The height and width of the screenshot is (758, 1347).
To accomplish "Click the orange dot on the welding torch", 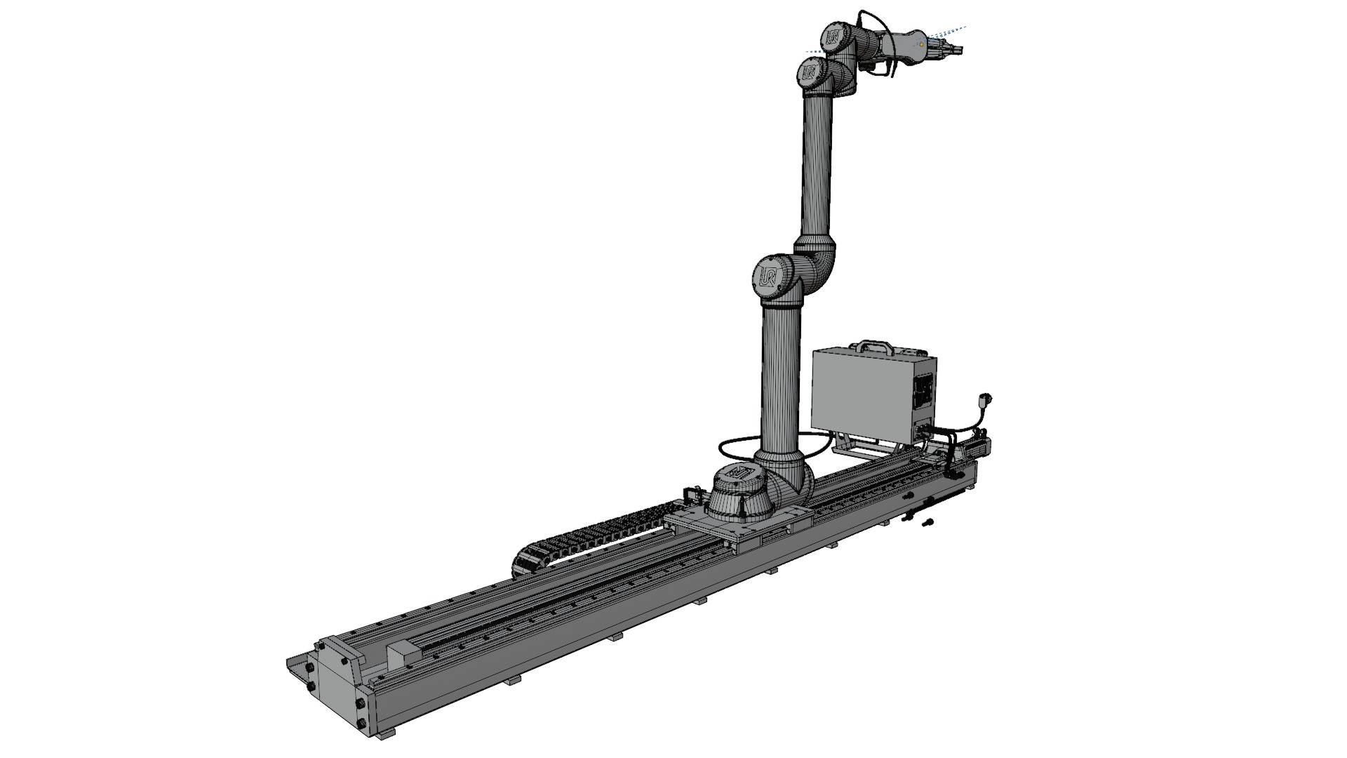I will [921, 44].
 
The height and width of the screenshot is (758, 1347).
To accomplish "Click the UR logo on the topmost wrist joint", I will [835, 36].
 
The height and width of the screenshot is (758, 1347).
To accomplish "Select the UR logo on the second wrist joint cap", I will [810, 72].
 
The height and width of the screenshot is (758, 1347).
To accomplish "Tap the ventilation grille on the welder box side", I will [925, 390].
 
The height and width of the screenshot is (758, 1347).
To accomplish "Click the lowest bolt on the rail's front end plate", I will [361, 724].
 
